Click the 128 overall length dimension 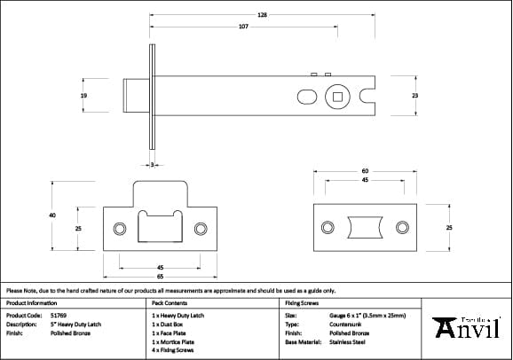(263, 15)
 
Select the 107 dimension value (243, 27)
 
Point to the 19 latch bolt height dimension (83, 95)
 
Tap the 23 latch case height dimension (414, 95)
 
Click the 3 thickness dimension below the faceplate (153, 165)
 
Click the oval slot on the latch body (304, 95)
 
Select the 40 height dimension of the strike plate (52, 215)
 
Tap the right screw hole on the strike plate (201, 227)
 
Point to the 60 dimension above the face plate (364, 170)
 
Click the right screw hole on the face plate (404, 227)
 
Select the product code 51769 (60, 315)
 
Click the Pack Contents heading (169, 302)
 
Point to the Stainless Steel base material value (348, 341)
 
